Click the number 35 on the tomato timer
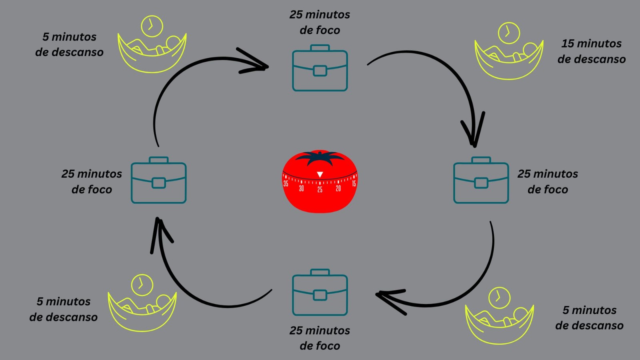(x=286, y=184)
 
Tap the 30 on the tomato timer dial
(x=301, y=188)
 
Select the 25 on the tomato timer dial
(x=320, y=190)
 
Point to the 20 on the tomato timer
(x=338, y=188)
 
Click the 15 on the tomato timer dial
(x=354, y=184)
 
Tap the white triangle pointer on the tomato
(x=320, y=174)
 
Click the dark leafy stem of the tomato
(x=320, y=158)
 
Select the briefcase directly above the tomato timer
(x=320, y=68)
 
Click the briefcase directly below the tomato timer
(x=320, y=293)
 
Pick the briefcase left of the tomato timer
(x=159, y=180)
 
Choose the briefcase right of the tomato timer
(x=481, y=180)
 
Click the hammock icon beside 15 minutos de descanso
(x=509, y=60)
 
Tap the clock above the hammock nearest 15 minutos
(x=509, y=33)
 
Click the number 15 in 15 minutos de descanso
(x=568, y=44)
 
